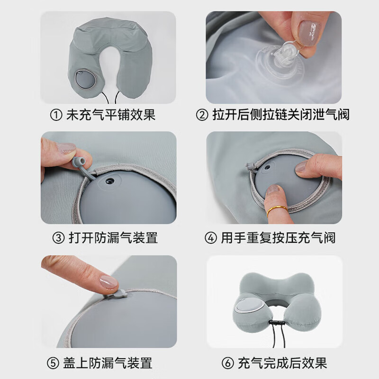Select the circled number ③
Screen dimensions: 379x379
click(x=58, y=237)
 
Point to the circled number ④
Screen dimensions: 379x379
click(x=212, y=237)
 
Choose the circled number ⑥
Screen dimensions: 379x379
click(x=228, y=363)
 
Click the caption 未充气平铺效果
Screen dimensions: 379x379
click(x=110, y=115)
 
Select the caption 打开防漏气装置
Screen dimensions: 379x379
click(x=112, y=237)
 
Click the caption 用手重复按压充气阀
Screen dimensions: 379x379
click(x=277, y=237)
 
